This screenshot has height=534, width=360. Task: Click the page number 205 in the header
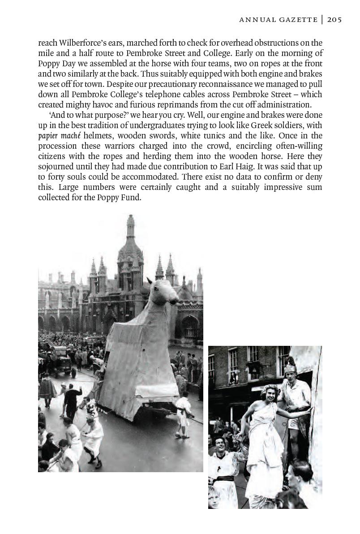coord(334,19)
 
